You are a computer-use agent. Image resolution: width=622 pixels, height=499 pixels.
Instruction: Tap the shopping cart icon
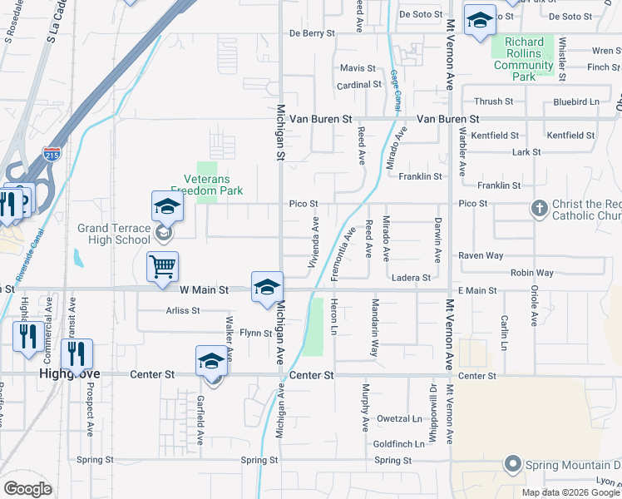pyautogui.click(x=162, y=267)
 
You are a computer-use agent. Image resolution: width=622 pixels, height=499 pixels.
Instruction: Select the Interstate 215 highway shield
pyautogui.click(x=51, y=154)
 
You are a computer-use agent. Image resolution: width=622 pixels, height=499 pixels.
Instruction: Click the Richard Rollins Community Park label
pyautogui.click(x=524, y=59)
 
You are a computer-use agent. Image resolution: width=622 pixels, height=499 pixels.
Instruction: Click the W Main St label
pyautogui.click(x=204, y=290)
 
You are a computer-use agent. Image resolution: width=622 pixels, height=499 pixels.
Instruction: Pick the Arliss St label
pyautogui.click(x=184, y=310)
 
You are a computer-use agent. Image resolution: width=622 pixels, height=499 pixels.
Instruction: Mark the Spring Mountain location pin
pyautogui.click(x=513, y=464)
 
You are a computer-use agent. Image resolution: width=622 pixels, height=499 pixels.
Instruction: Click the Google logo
pyautogui.click(x=27, y=488)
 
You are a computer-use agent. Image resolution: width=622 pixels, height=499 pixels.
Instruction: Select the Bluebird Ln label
pyautogui.click(x=575, y=102)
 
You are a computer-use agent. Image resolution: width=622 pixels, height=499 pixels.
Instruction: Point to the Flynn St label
pyautogui.click(x=255, y=333)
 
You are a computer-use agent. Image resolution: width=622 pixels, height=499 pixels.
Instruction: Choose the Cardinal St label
pyautogui.click(x=358, y=86)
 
